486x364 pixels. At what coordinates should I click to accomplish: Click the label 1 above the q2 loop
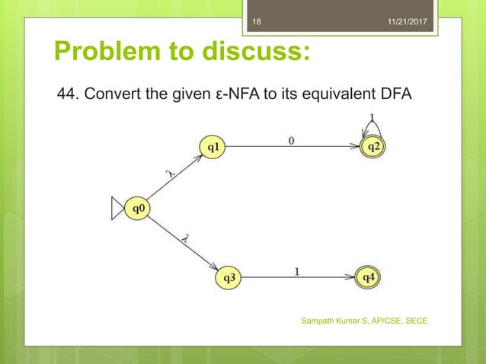coord(371,117)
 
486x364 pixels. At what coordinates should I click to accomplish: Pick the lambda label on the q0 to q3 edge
coord(185,238)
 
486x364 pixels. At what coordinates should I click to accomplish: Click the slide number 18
coord(256,24)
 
